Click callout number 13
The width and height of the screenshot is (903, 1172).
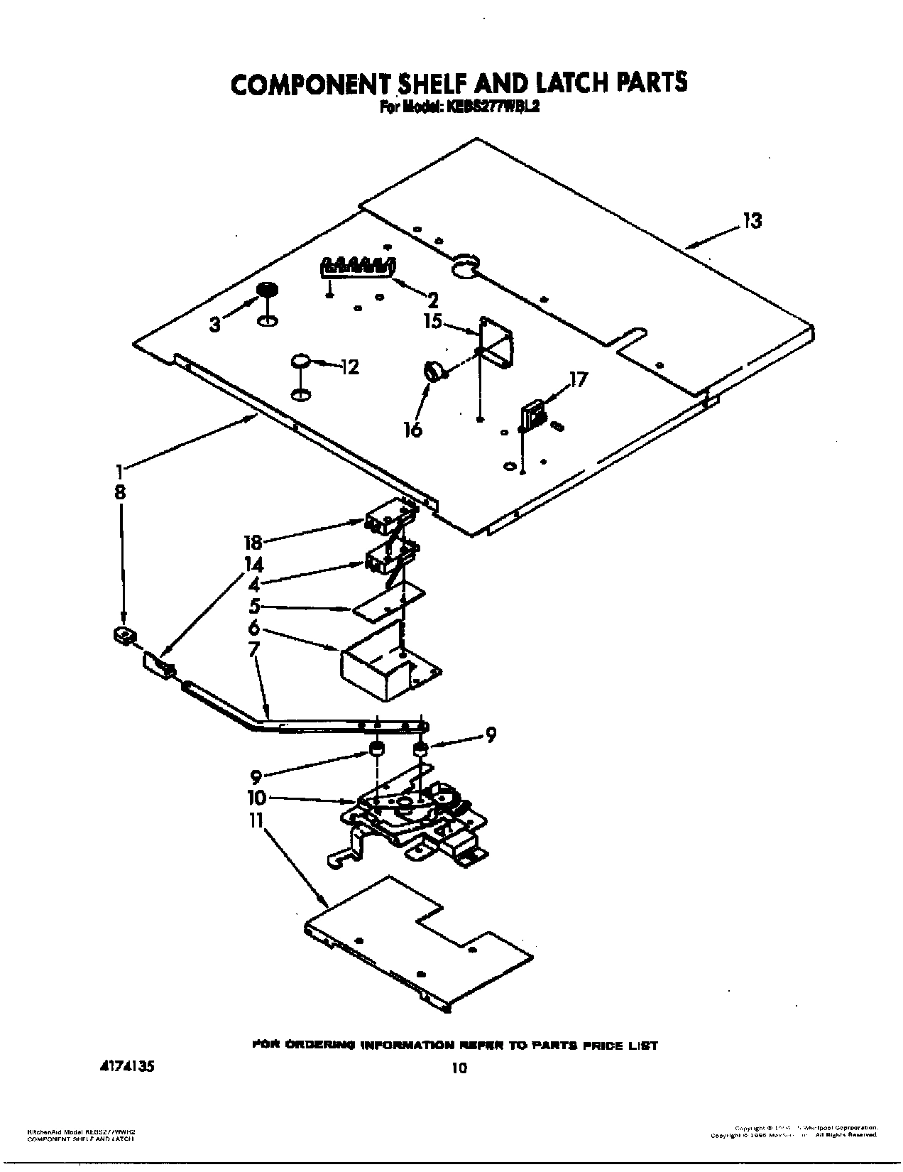tap(752, 222)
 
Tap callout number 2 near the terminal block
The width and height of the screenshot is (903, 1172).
tap(432, 300)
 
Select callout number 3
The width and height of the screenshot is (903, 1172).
tap(214, 325)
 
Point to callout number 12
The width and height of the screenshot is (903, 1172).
tap(349, 367)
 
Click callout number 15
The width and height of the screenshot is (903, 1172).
tap(432, 322)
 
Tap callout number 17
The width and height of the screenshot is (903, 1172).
tap(579, 380)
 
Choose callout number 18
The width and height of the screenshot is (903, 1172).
tap(253, 543)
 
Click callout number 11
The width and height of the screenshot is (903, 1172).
tap(256, 822)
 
